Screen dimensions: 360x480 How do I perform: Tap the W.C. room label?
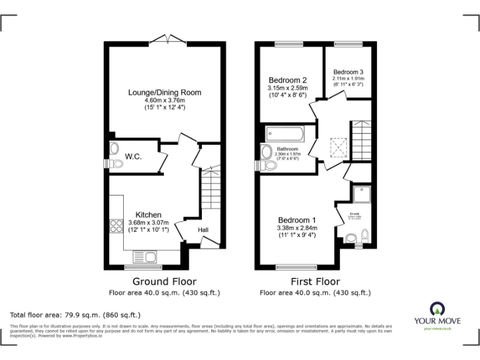(132, 156)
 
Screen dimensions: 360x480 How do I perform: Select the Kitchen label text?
(148, 214)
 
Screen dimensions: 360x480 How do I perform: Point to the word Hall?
(203, 230)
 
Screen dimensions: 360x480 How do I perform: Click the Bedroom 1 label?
(297, 220)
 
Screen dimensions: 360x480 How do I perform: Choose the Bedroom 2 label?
(287, 80)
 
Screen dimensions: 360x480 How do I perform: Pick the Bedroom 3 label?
(348, 72)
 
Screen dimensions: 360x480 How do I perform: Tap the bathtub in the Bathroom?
(284, 134)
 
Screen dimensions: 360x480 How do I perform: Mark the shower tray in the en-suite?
(362, 196)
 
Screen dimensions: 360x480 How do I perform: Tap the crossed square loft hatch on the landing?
(337, 148)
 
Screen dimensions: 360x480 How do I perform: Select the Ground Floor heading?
(165, 282)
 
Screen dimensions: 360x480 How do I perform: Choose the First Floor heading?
(315, 282)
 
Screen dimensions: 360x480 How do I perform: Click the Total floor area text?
(76, 315)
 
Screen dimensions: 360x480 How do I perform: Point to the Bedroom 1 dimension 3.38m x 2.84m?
(297, 228)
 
